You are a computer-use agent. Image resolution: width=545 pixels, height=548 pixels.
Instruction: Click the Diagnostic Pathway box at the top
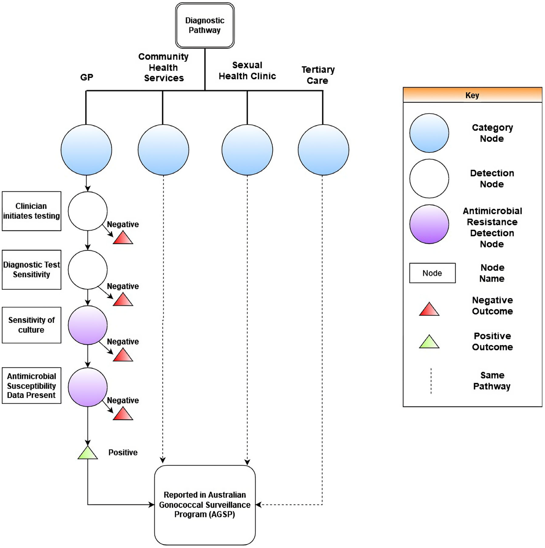point(205,25)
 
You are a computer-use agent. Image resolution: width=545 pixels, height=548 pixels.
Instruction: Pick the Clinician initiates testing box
point(31,211)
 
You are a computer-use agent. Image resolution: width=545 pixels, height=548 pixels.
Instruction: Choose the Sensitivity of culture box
point(31,325)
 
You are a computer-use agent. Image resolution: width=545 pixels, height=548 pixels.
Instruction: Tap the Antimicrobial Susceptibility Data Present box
point(31,386)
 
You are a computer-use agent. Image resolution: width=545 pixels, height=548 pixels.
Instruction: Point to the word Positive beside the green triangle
point(123,452)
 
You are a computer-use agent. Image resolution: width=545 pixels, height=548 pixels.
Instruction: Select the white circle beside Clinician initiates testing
point(88,211)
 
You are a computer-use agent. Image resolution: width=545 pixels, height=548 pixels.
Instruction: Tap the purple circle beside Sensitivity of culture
point(88,325)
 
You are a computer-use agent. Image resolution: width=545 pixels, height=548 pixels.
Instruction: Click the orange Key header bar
point(472,95)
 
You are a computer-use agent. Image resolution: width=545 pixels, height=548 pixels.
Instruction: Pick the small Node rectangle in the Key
point(432,273)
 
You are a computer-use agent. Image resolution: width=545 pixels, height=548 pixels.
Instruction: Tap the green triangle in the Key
point(429,342)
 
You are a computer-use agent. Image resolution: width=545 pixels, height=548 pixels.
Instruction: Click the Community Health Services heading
point(164,67)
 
